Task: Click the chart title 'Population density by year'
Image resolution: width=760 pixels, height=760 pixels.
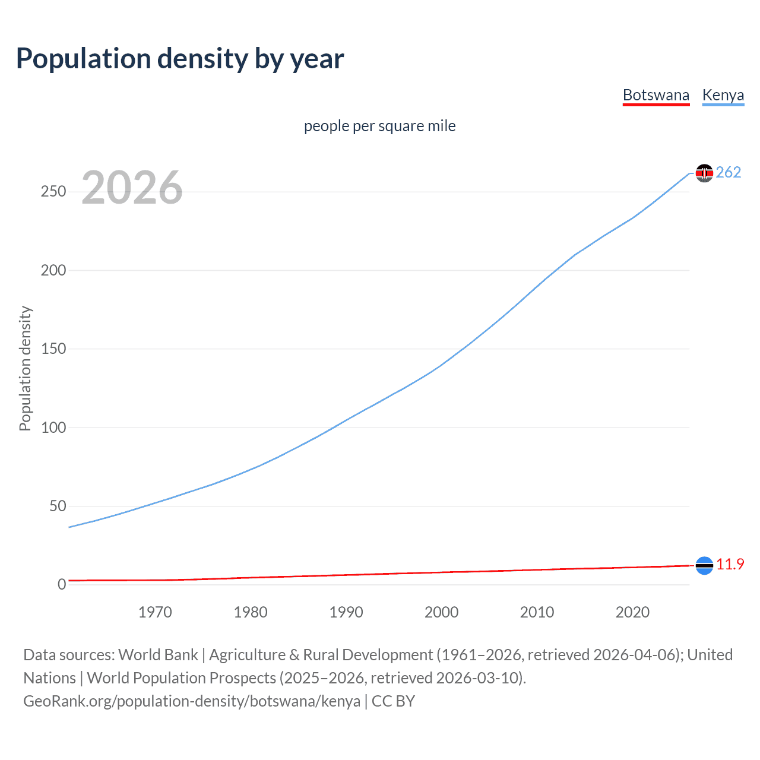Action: [180, 59]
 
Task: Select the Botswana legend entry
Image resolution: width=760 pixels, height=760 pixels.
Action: [655, 95]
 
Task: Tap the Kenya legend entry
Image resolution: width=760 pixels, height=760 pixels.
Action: [723, 95]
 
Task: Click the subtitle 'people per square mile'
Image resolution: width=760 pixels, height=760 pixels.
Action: [379, 126]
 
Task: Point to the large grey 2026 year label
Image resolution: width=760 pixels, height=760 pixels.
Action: [132, 188]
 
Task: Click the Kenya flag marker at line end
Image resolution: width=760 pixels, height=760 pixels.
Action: [704, 173]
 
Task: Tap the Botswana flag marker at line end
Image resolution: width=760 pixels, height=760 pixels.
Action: [704, 565]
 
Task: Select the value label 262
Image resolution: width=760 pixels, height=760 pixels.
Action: [728, 172]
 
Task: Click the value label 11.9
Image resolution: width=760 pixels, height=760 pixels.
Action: [730, 564]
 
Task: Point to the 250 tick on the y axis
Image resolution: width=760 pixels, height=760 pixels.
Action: [53, 192]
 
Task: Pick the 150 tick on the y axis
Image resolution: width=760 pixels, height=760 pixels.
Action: [53, 349]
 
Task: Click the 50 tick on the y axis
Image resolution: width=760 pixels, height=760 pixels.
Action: [58, 506]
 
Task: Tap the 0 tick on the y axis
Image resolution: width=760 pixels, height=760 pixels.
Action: [62, 584]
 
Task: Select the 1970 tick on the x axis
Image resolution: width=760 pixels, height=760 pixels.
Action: [155, 612]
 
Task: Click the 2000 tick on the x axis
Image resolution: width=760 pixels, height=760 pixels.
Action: [441, 612]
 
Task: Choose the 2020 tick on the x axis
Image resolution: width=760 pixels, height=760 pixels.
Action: [632, 612]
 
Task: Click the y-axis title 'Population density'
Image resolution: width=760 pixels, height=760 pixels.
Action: [25, 368]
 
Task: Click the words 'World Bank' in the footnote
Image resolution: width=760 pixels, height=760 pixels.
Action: [158, 655]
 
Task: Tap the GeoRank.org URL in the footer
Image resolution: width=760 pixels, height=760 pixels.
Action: [191, 701]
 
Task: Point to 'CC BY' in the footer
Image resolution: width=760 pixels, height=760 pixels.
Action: [393, 701]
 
